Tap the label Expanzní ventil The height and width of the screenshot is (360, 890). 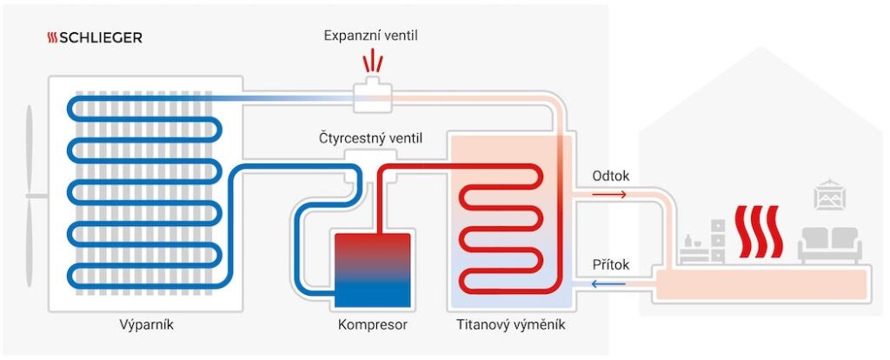pos(371,36)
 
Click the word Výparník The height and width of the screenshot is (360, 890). pos(142,326)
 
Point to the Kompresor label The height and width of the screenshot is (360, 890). pos(372,326)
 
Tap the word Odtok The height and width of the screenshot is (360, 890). pos(610,176)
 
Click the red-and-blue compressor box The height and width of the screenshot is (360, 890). pos(372,270)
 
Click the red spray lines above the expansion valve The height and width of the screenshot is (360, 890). pos(372,61)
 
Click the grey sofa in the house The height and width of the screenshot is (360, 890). pos(829,245)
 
